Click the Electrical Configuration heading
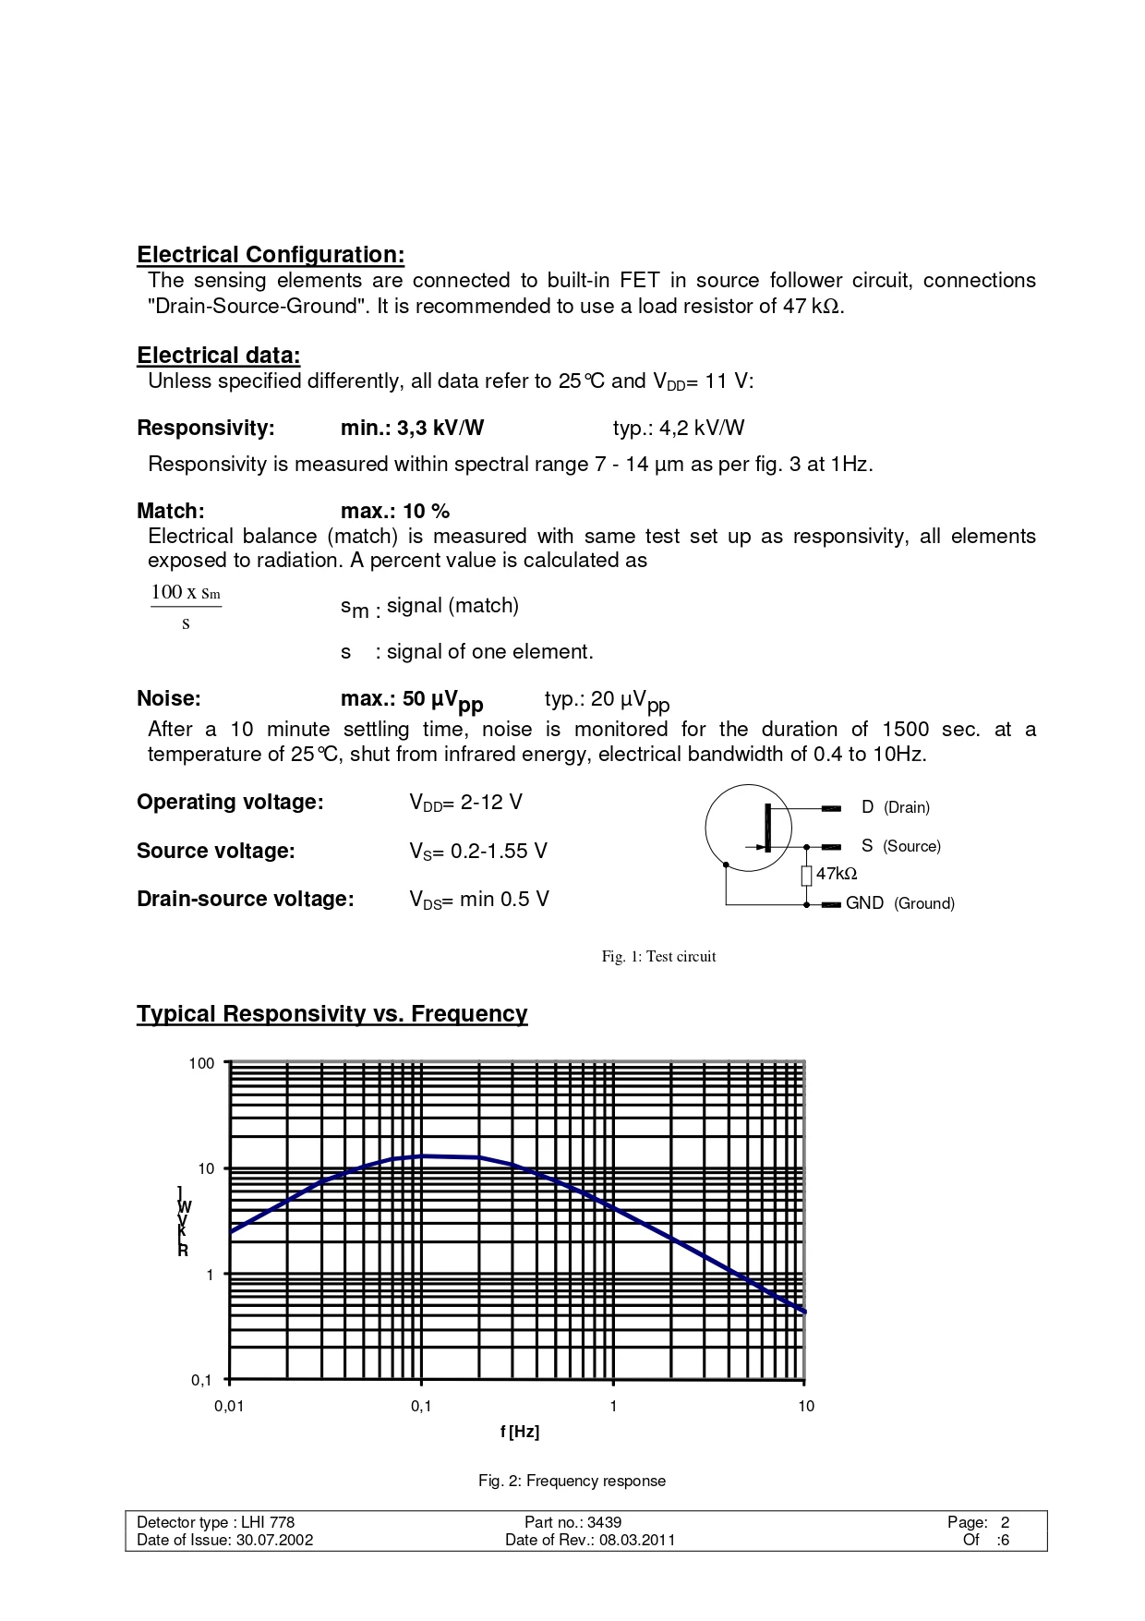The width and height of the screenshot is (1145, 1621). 271,255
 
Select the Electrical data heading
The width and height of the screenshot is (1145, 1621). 218,356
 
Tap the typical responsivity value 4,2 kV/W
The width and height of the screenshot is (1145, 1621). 679,428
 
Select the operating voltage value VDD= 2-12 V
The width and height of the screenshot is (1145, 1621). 466,803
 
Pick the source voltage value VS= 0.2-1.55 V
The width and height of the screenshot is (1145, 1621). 478,852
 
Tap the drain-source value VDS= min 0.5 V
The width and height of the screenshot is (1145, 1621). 479,900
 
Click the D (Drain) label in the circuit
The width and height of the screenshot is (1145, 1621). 895,807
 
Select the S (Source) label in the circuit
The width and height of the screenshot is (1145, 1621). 900,846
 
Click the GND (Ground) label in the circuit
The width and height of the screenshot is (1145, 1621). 899,903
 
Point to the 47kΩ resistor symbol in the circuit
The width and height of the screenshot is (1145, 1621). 806,875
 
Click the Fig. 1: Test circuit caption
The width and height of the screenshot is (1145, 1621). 658,957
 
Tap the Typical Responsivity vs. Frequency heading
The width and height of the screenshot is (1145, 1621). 331,1014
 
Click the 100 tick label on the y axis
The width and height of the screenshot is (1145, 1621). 201,1064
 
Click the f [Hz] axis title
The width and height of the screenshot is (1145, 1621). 519,1432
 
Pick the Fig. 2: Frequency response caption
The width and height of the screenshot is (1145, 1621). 572,1482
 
